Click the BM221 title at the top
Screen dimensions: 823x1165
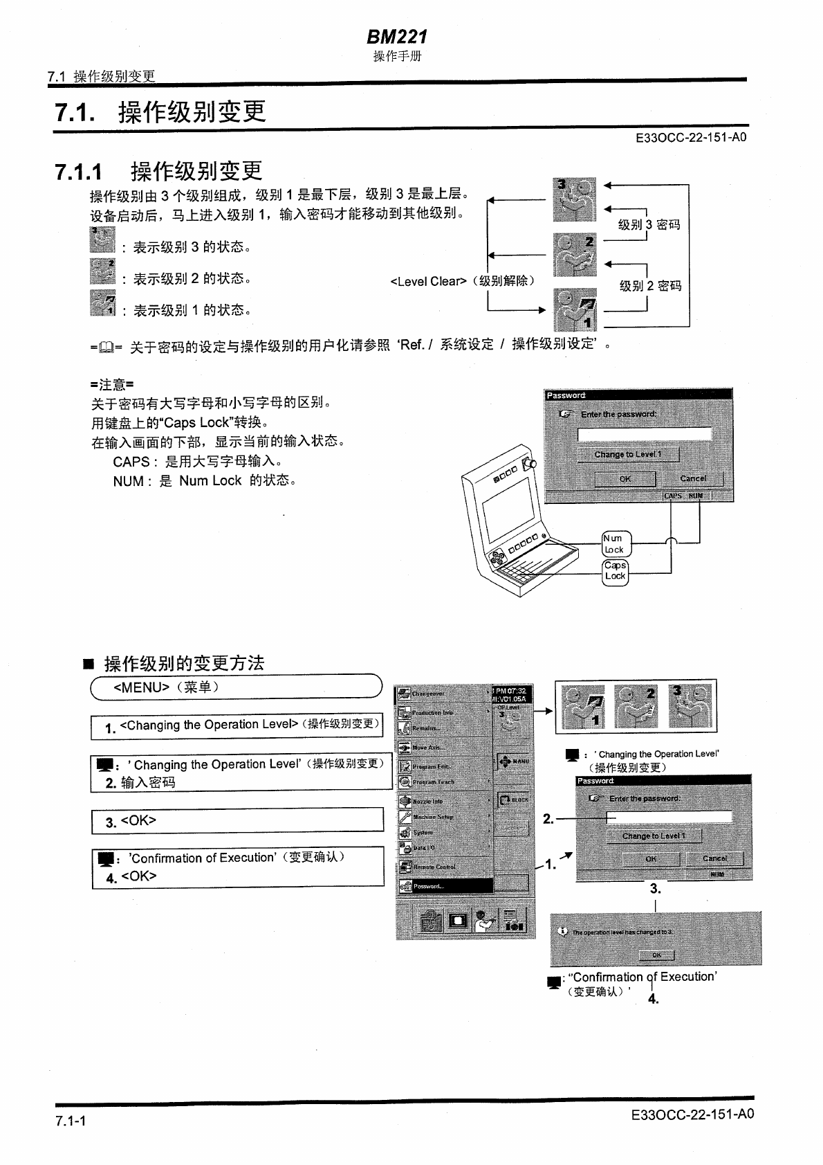396,36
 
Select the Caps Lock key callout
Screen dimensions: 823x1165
615,571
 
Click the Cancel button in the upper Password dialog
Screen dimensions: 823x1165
692,478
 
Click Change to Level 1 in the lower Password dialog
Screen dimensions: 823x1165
653,836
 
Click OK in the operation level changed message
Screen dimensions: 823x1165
656,955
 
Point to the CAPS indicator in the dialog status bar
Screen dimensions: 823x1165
672,496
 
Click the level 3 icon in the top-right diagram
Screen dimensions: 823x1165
575,199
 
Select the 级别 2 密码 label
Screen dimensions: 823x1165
650,286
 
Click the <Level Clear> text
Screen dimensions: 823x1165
462,282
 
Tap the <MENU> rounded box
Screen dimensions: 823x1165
236,687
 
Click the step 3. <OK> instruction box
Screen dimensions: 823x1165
237,820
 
